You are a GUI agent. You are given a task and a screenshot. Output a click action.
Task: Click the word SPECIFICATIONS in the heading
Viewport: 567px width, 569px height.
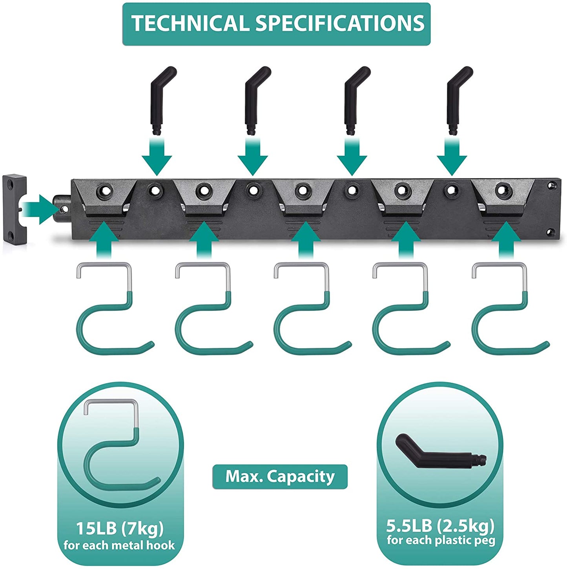click(340, 24)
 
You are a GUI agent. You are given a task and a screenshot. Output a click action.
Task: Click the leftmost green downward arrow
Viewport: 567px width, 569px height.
click(157, 157)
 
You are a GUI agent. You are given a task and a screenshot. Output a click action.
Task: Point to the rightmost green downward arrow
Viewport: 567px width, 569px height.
click(452, 157)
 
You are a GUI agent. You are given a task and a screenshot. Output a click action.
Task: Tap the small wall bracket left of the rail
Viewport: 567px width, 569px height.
click(15, 210)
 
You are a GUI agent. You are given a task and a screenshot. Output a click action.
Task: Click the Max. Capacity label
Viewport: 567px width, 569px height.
click(280, 476)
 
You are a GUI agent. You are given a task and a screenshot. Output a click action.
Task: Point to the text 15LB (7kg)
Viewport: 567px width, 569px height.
click(120, 528)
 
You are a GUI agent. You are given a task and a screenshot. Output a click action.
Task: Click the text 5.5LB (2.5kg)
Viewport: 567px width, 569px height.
click(440, 525)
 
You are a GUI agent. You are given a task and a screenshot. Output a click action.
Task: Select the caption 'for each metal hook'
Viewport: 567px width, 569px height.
click(119, 545)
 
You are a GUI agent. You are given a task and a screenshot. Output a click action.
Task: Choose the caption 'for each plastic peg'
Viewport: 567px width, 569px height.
click(441, 540)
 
